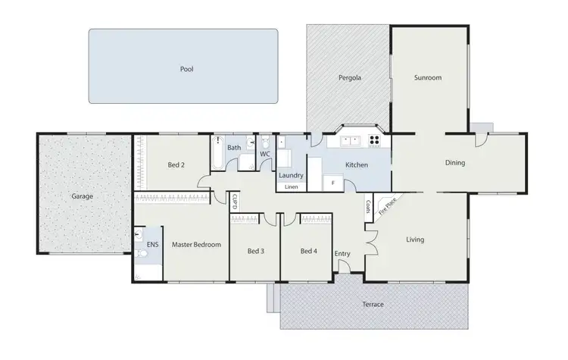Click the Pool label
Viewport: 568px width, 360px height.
tap(186, 69)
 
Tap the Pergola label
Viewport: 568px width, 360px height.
tap(349, 78)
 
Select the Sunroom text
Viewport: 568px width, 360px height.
tap(428, 78)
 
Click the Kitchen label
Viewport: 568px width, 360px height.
tap(357, 164)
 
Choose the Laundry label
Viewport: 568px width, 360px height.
tap(291, 176)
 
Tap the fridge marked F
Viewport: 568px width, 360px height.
tap(333, 183)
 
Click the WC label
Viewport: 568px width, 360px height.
tap(265, 155)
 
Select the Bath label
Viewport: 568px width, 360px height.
tap(234, 147)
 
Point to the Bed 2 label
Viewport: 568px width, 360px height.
tap(176, 164)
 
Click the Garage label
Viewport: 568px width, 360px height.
tap(82, 196)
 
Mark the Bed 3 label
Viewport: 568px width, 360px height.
tap(256, 251)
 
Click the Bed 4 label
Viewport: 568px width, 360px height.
tap(307, 251)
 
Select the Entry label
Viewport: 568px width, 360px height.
tap(342, 254)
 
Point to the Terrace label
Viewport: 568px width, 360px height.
tap(372, 305)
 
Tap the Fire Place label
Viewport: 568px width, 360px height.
tap(387, 206)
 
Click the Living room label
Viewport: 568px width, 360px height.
tap(415, 240)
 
